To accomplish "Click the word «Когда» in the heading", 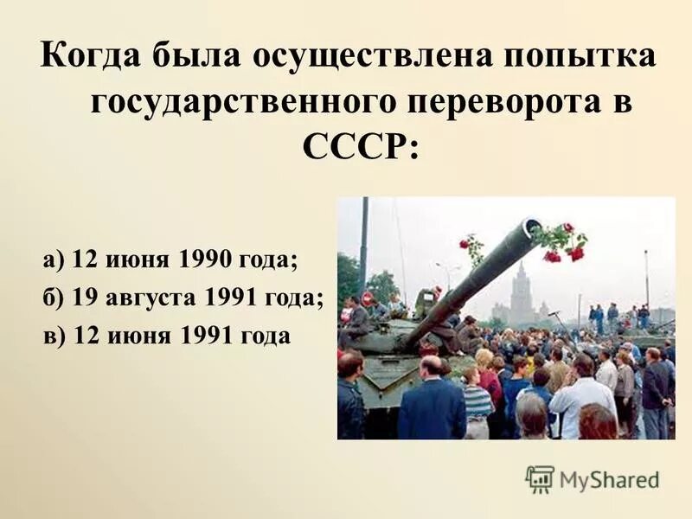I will pos(91,58).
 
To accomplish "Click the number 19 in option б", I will pos(84,298).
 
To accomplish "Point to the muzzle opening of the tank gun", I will pos(529,228).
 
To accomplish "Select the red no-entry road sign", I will pos(367,298).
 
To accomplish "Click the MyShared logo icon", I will pos(539,477).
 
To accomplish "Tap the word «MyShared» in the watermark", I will pos(610,478).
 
